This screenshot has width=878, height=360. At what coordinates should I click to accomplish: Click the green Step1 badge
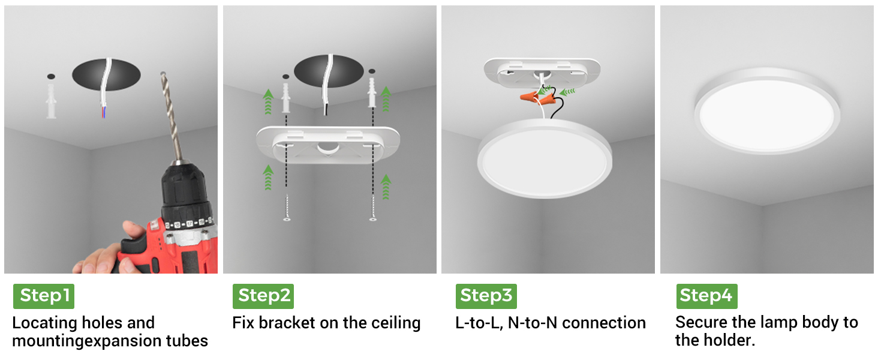coord(44,296)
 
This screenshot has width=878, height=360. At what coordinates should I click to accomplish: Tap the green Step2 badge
coord(263,296)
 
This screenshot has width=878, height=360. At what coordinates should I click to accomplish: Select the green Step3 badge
coord(486,296)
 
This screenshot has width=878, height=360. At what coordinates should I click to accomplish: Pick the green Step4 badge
coord(707,296)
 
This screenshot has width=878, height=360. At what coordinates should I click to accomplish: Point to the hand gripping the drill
coord(105,252)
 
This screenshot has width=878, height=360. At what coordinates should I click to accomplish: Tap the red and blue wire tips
coord(103,112)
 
